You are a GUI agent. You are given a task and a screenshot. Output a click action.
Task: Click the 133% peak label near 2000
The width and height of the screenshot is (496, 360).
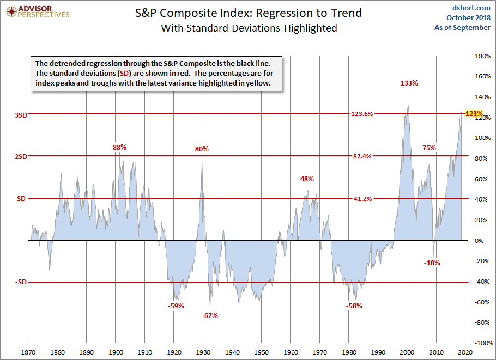click(409, 83)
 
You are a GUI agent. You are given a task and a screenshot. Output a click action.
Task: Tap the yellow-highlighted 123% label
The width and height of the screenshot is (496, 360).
click(474, 114)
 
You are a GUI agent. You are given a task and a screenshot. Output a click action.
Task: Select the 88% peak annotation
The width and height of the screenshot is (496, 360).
click(119, 147)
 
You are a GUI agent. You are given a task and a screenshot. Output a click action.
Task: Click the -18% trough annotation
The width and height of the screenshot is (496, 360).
click(432, 263)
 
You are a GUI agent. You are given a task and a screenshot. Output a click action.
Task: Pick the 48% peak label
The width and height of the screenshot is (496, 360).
click(307, 179)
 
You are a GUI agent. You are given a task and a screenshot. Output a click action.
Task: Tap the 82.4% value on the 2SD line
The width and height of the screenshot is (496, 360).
click(362, 156)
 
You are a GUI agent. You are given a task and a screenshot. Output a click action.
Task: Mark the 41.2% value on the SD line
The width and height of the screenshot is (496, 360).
click(362, 199)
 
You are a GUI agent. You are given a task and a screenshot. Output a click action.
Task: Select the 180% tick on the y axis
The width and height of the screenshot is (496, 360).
click(482, 56)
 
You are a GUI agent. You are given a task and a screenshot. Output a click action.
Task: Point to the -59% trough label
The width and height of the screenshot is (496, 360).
click(176, 306)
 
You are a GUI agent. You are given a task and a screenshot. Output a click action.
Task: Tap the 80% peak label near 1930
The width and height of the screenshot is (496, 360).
click(202, 149)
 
